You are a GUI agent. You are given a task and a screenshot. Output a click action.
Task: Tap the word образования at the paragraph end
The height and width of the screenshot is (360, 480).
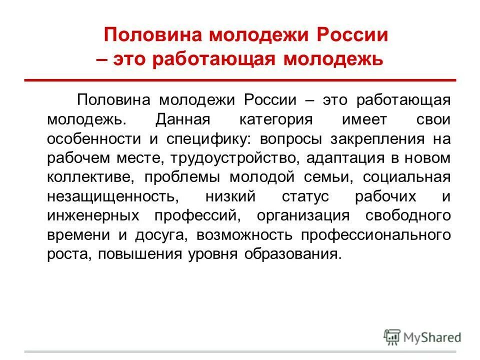(x=291, y=254)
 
